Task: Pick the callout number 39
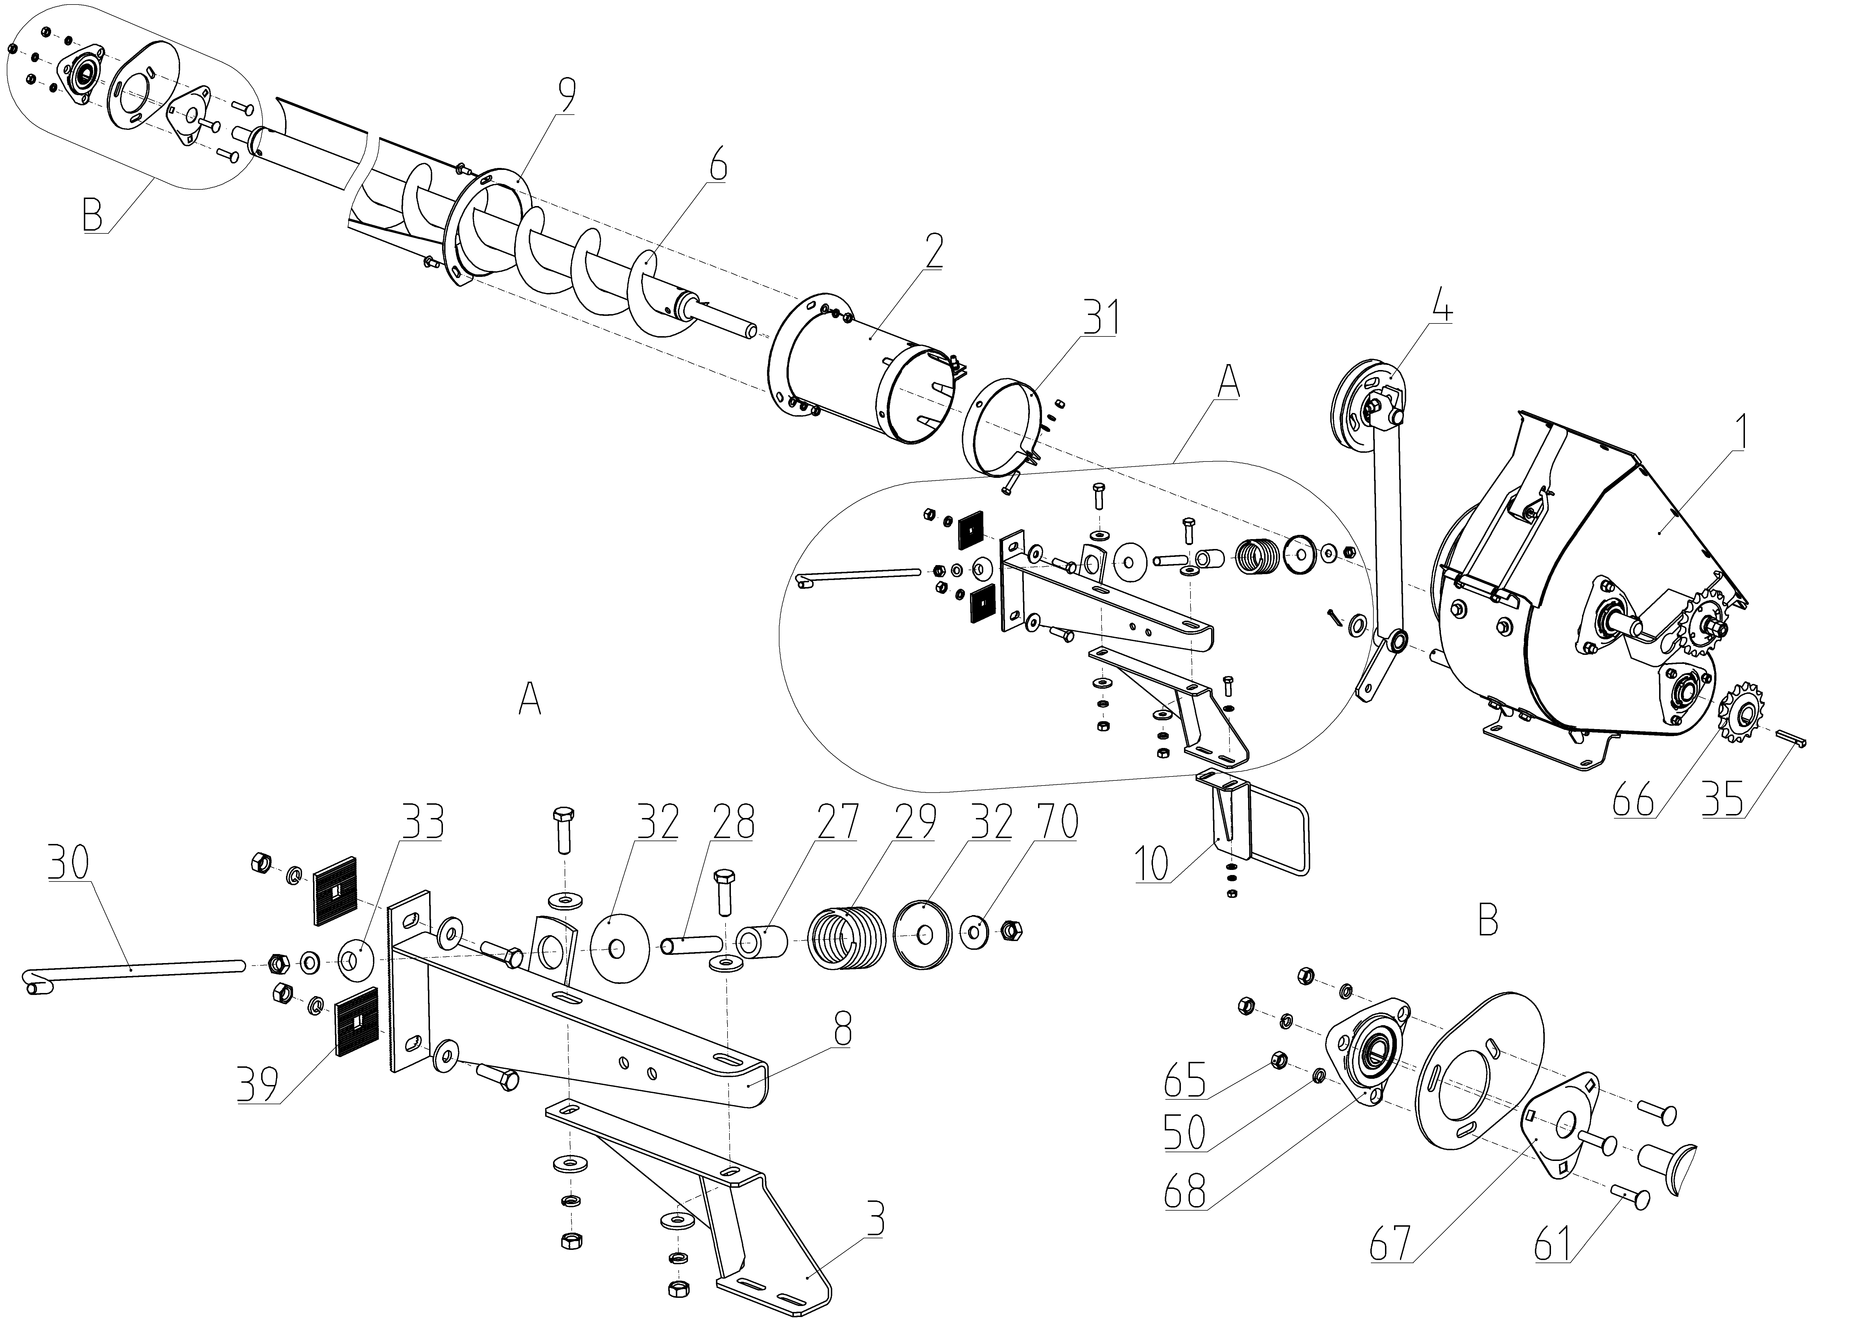tap(258, 1084)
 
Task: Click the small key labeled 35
tap(1792, 738)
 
